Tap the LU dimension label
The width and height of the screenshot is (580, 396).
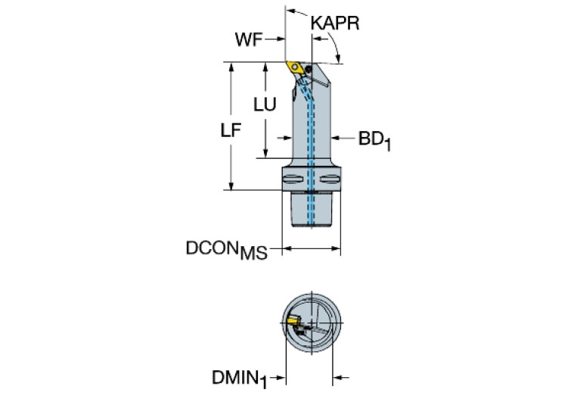pyautogui.click(x=265, y=105)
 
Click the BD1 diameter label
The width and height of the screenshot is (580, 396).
pyautogui.click(x=374, y=139)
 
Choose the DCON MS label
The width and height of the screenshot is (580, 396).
pyautogui.click(x=226, y=251)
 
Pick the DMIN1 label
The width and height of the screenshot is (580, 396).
pyautogui.click(x=241, y=376)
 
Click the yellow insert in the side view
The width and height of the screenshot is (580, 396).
pyautogui.click(x=296, y=67)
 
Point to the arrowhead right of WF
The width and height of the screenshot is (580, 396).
pyautogui.click(x=281, y=39)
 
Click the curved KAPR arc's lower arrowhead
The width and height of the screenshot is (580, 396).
pyautogui.click(x=338, y=58)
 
